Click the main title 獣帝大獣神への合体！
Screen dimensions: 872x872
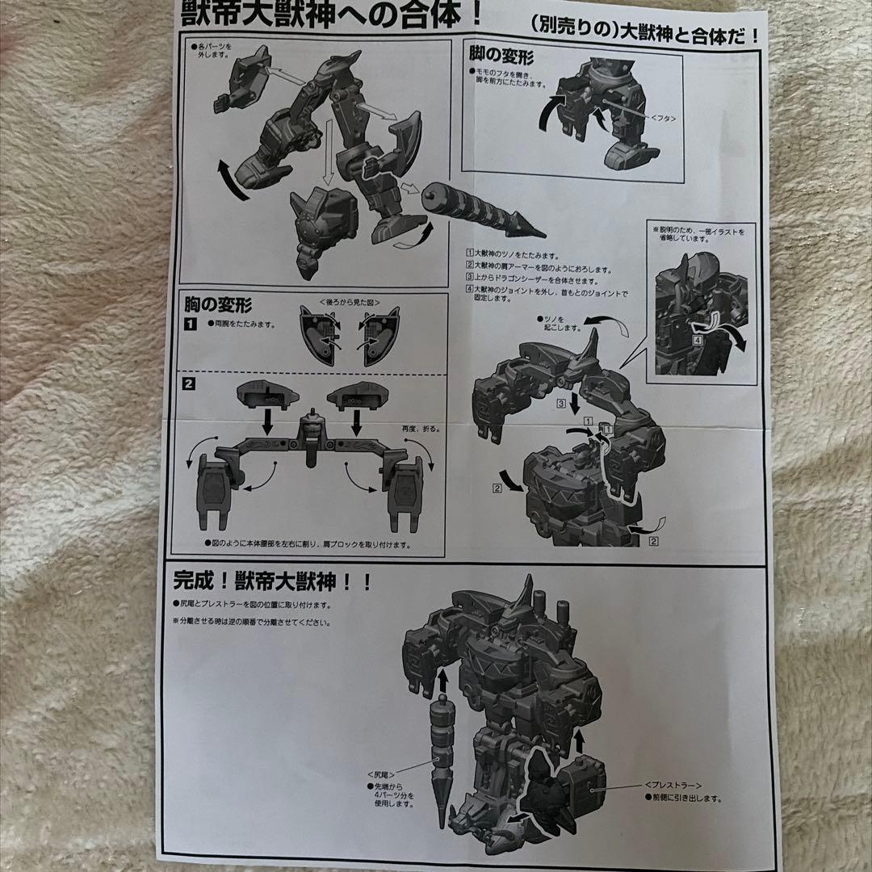332,15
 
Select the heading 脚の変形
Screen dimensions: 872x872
501,57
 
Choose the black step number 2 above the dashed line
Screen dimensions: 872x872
188,383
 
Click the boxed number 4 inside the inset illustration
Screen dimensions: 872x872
697,340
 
